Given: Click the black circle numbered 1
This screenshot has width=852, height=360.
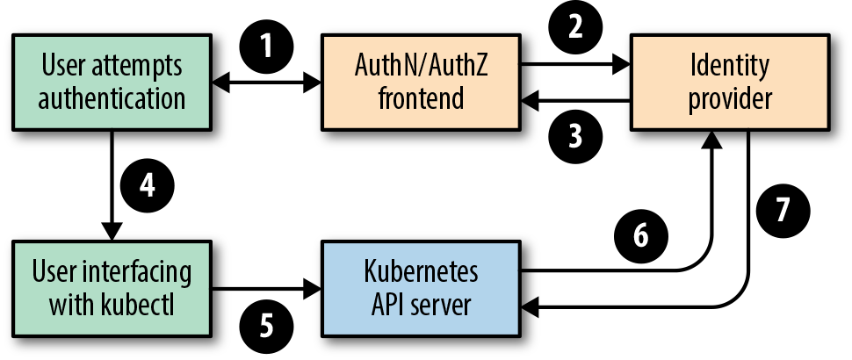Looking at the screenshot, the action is [x=266, y=47].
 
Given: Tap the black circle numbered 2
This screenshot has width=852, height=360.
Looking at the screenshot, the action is [x=576, y=27].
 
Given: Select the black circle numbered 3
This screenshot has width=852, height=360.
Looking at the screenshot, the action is [x=576, y=136].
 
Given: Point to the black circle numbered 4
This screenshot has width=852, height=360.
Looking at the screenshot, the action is [x=148, y=185].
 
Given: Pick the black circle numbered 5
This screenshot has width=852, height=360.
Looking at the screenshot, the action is [x=266, y=327].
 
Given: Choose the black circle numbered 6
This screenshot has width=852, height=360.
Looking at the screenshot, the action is [x=641, y=235].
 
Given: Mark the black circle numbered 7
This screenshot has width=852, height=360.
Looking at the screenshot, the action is [x=783, y=210].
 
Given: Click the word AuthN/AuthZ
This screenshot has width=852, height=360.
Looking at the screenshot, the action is [x=421, y=66].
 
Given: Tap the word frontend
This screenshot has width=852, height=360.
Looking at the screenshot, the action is [x=421, y=99].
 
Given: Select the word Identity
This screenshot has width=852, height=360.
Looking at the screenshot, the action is [x=730, y=68].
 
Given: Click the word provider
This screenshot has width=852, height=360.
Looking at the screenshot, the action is [x=730, y=100].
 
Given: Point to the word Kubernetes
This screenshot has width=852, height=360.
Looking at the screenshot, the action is [x=421, y=271].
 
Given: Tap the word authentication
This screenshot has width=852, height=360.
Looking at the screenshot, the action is [x=112, y=99].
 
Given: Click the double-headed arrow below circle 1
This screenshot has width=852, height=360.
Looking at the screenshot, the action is [x=266, y=83].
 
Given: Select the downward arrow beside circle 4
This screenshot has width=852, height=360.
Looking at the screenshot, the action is [x=112, y=185].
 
